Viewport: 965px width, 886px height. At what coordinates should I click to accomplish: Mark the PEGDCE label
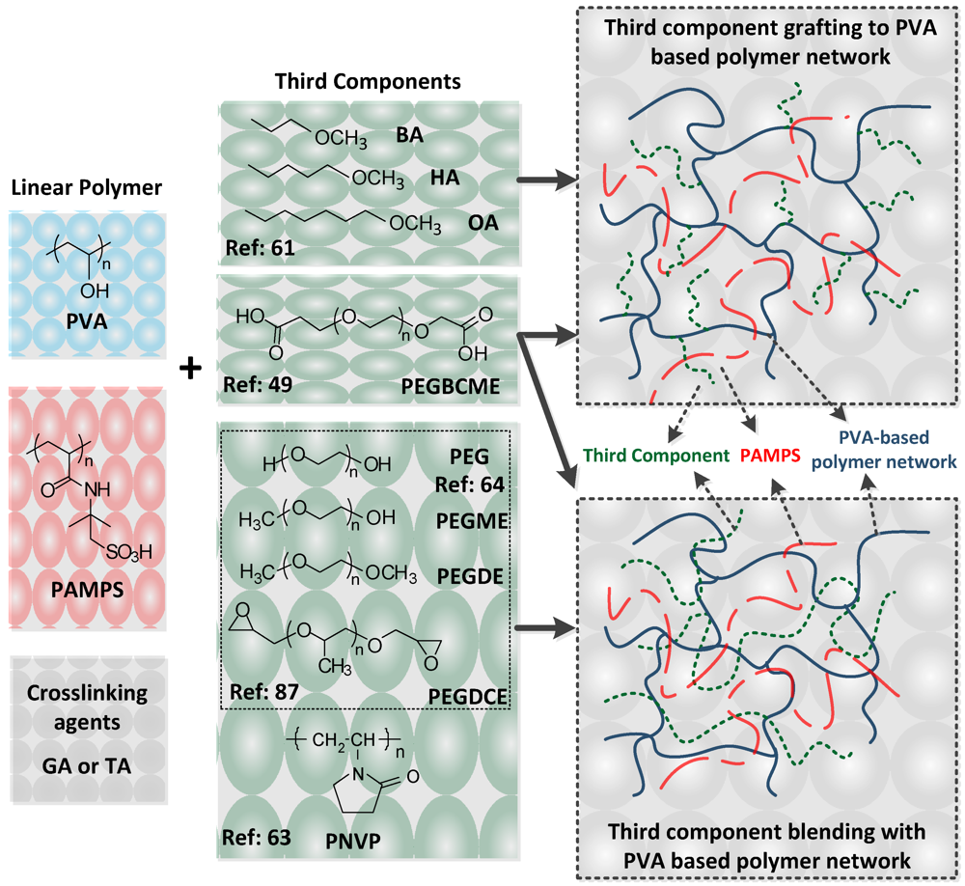466,693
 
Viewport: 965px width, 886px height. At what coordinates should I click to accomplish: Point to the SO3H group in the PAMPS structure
129,552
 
